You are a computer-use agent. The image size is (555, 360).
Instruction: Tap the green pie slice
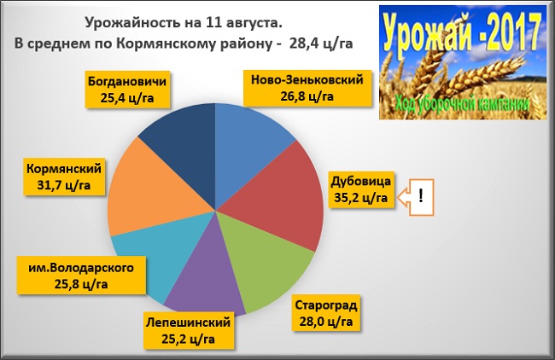262,258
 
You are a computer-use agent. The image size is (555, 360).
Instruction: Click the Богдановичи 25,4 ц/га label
127,90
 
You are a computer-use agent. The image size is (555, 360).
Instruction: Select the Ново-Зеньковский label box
307,88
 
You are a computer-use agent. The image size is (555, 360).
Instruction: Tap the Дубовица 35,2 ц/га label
361,189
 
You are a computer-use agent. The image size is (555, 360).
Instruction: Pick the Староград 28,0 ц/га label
326,313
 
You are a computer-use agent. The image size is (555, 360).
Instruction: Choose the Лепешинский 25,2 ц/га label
189,331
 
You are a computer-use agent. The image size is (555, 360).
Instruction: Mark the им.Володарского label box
81,276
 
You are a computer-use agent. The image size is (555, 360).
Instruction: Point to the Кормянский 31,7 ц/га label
64,177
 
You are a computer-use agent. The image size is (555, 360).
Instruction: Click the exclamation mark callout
416,197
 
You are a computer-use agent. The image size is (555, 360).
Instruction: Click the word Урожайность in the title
132,23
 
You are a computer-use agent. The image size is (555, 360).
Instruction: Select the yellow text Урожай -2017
462,33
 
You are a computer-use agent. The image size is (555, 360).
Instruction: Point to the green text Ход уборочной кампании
463,104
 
